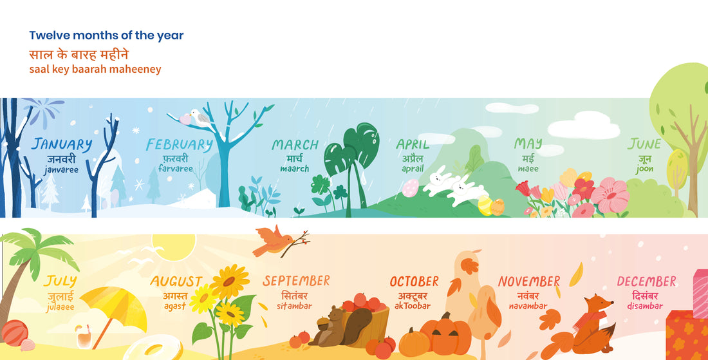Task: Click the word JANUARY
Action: point(62,144)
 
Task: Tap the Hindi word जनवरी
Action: point(62,158)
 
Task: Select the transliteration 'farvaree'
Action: point(176,169)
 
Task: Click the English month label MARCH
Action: point(295,145)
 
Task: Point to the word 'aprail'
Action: point(413,169)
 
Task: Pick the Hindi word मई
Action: point(528,158)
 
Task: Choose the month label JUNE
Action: point(644,144)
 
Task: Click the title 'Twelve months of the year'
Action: point(106,36)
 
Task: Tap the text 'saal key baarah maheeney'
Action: point(95,69)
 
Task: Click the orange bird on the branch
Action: point(272,241)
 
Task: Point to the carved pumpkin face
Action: point(446,335)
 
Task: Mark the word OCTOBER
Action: point(414,282)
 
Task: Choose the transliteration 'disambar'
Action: point(645,306)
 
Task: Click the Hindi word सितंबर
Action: point(295,295)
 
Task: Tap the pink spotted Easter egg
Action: point(410,188)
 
